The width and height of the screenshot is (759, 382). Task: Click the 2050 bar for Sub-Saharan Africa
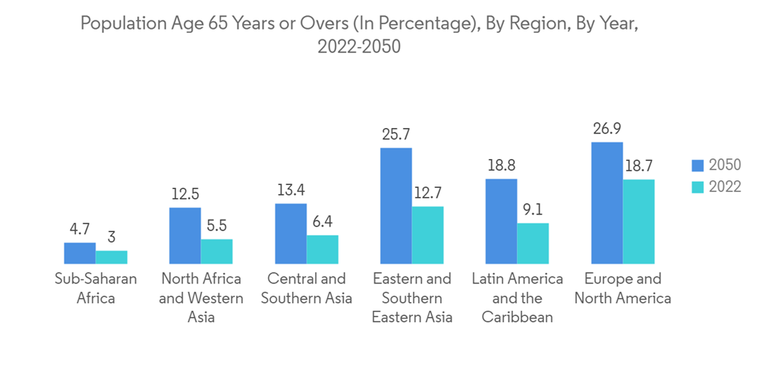pyautogui.click(x=80, y=253)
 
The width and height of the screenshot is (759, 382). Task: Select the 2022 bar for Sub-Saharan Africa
pyautogui.click(x=112, y=257)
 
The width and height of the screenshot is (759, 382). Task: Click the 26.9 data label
pyautogui.click(x=607, y=128)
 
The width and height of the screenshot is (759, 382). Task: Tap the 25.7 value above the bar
pyautogui.click(x=396, y=134)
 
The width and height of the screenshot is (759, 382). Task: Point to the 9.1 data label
pyautogui.click(x=533, y=209)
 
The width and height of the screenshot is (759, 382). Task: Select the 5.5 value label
pyautogui.click(x=217, y=225)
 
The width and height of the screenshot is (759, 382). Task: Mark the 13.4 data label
pyautogui.click(x=291, y=189)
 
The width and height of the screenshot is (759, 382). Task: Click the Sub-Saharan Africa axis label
pyautogui.click(x=96, y=288)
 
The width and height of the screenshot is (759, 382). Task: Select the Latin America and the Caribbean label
pyautogui.click(x=518, y=297)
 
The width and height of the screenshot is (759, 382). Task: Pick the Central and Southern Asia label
pyautogui.click(x=307, y=288)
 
